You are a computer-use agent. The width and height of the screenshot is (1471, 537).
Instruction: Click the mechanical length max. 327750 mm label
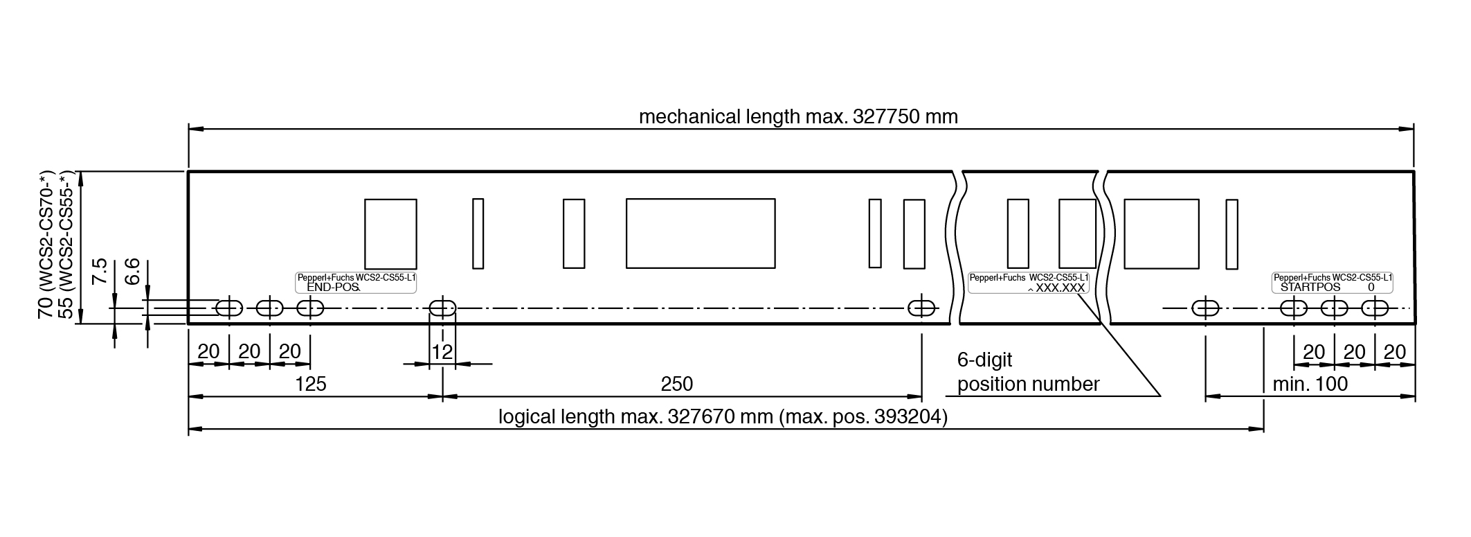(x=798, y=116)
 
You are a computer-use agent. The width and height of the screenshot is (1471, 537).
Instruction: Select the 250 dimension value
(x=676, y=384)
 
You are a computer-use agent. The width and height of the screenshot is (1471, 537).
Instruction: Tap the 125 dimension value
(x=310, y=384)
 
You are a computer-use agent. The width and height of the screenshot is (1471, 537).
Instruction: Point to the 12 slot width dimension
(x=442, y=352)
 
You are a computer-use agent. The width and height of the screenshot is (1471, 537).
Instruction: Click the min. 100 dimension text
(x=1310, y=384)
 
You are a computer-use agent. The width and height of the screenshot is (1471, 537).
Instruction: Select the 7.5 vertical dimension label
(x=100, y=270)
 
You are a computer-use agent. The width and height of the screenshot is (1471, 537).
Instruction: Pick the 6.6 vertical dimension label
(x=132, y=270)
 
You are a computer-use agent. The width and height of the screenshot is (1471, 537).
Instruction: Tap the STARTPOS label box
(x=1333, y=283)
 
